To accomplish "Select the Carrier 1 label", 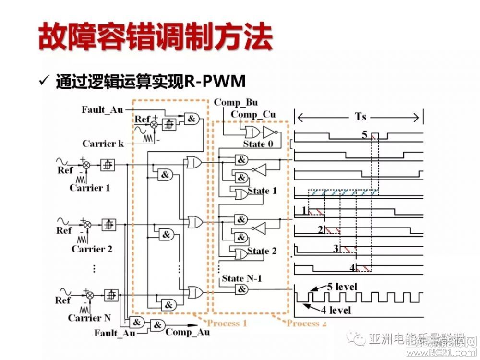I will (90, 188).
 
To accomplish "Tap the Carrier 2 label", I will (92, 249).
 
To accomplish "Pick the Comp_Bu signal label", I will (236, 102).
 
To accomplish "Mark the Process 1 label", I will (227, 323).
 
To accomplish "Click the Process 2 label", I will (307, 323).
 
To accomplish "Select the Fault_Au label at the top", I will (102, 110).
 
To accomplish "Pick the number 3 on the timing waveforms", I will (336, 248).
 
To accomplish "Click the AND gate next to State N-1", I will (242, 289).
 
